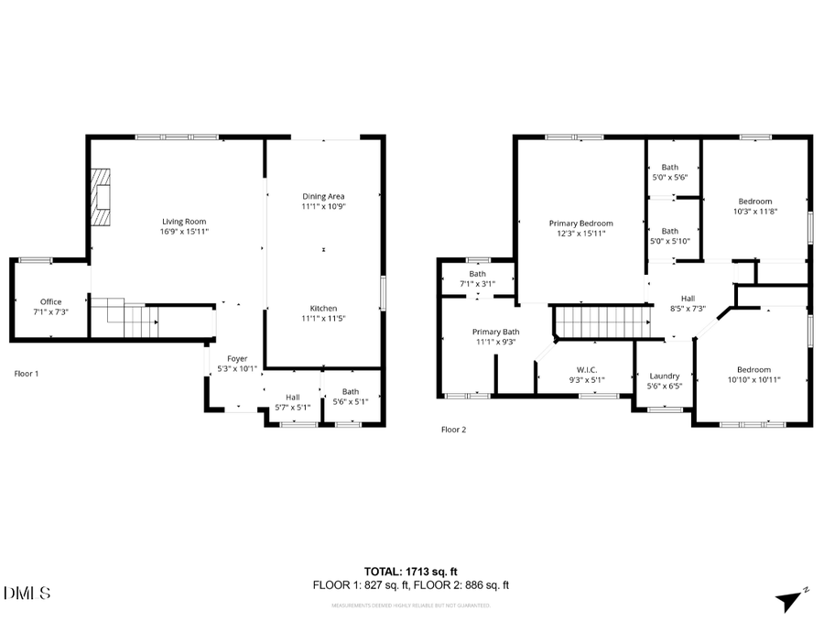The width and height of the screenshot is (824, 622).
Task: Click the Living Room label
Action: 184,221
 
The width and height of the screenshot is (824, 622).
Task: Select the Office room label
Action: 50,301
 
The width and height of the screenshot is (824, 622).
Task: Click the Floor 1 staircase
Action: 132,319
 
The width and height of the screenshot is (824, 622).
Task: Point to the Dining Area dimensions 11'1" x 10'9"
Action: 323,207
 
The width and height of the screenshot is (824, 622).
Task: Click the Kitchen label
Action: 323,309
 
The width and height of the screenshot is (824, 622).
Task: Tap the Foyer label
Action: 237,358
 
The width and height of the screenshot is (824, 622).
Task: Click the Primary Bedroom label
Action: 580,223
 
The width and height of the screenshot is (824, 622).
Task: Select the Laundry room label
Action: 664,376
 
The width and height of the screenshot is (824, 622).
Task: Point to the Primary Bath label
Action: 496,332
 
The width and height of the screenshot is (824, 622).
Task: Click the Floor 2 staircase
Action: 593,322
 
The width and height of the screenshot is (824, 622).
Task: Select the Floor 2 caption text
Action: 454,429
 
